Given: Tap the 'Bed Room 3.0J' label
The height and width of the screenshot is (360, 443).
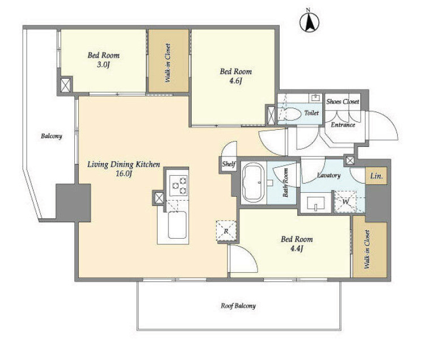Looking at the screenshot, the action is (x=103, y=60).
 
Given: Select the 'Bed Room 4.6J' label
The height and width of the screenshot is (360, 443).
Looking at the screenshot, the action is (x=235, y=76).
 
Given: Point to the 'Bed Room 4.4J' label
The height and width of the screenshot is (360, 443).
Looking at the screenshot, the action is (x=297, y=244).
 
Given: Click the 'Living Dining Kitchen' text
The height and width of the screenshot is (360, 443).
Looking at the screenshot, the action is (x=124, y=164).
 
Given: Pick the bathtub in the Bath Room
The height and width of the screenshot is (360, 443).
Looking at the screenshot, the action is (x=253, y=183).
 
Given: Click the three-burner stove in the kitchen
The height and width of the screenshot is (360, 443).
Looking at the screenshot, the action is (x=178, y=185).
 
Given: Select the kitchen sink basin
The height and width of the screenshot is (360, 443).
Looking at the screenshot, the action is (x=177, y=225).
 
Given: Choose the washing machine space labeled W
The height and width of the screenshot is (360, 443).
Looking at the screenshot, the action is (x=345, y=202).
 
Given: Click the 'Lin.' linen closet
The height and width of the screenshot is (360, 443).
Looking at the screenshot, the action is (x=376, y=176).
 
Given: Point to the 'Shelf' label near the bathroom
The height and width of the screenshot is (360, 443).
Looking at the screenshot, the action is (x=229, y=164).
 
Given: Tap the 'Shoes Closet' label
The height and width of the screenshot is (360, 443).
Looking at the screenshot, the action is (x=343, y=101).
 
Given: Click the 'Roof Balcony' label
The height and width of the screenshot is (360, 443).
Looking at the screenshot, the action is (x=238, y=306).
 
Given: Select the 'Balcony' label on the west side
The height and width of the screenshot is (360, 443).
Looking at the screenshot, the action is (x=52, y=136).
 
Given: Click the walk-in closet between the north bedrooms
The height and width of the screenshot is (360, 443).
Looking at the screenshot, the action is (x=168, y=61).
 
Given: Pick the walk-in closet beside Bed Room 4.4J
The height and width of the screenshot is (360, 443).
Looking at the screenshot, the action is (x=370, y=246).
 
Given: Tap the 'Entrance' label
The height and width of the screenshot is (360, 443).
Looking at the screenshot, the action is (x=343, y=125).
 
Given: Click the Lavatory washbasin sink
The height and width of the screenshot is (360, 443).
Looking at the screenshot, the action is (x=315, y=203).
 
